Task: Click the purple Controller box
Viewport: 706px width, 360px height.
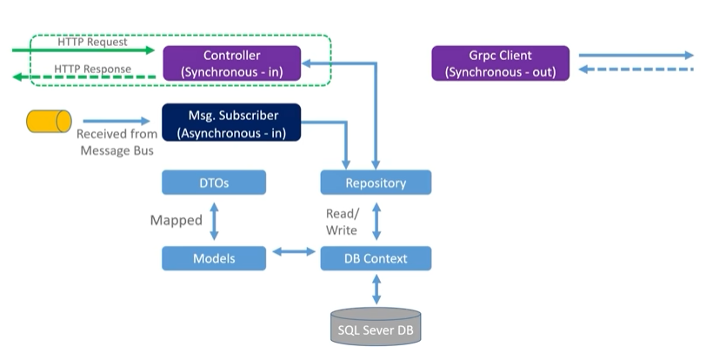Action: tap(232, 63)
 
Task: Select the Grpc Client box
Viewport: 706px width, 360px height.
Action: tap(501, 63)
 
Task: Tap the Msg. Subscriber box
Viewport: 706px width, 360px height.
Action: tap(231, 123)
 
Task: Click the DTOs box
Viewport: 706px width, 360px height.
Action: tap(214, 183)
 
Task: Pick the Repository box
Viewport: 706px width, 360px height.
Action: tap(376, 183)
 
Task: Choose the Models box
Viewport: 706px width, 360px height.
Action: tap(214, 258)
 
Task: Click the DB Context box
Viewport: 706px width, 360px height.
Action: tap(376, 258)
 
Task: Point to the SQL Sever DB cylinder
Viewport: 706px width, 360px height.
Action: tap(376, 327)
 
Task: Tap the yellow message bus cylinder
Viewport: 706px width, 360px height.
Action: tap(49, 121)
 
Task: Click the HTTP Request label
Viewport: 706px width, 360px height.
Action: tap(92, 42)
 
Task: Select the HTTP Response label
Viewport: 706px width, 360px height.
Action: tap(93, 69)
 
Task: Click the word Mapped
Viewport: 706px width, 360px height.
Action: tap(176, 220)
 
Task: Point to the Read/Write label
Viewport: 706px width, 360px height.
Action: tap(342, 222)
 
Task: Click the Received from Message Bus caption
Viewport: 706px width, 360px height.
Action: tap(117, 142)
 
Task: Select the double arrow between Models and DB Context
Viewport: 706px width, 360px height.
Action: tap(294, 251)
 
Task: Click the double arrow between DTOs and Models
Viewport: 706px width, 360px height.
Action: tap(214, 221)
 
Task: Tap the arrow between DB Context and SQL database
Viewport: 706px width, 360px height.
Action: tap(376, 290)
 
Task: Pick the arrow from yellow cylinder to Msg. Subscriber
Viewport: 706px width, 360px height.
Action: tap(117, 121)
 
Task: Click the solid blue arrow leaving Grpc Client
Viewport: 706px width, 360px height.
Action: tap(636, 56)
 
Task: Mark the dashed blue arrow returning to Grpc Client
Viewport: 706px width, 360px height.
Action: tap(636, 70)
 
